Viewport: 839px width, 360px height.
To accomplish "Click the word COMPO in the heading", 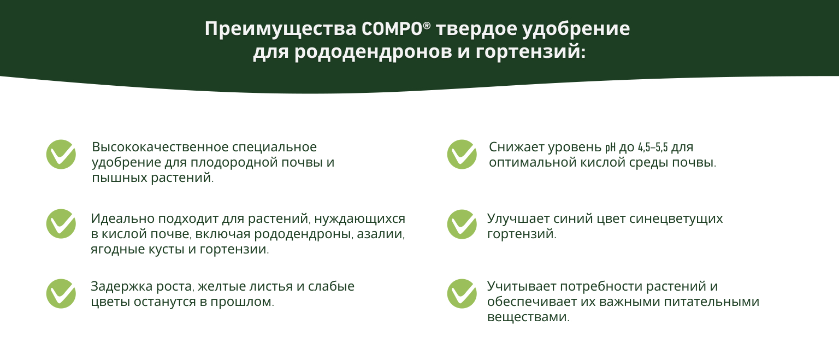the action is click(x=392, y=29).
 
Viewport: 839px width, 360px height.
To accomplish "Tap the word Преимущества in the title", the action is click(x=280, y=29).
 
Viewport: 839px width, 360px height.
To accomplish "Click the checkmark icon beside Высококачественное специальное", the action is click(x=61, y=155).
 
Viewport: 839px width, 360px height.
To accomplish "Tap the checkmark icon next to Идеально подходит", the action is click(x=61, y=223).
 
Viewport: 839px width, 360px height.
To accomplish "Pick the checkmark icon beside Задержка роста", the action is click(x=61, y=294).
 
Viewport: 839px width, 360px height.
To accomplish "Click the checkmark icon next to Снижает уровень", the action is click(x=462, y=155).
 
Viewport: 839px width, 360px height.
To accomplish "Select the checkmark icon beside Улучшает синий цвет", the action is click(x=462, y=224).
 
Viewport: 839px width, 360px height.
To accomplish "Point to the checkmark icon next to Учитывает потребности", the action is click(x=462, y=294).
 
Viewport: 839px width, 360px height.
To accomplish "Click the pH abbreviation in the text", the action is click(x=610, y=147).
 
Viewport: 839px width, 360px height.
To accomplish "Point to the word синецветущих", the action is click(x=676, y=219).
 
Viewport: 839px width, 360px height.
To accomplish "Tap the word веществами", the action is click(x=528, y=317).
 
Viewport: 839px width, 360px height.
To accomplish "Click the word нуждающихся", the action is click(x=359, y=219).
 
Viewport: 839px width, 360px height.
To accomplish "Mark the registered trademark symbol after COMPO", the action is click(x=427, y=26).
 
